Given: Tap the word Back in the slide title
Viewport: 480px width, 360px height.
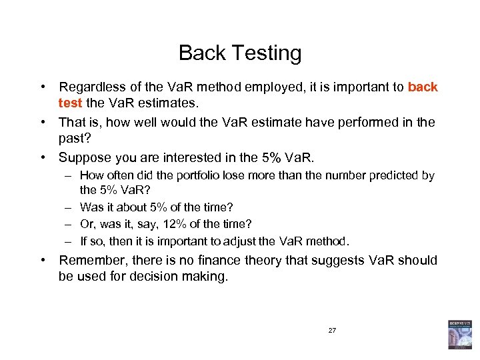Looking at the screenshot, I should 200,53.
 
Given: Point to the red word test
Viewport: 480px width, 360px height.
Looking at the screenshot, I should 70,103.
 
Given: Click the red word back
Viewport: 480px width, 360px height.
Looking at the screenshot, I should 423,87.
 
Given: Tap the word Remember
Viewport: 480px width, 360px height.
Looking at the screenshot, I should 92,260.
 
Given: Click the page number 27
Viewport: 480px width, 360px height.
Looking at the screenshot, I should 332,330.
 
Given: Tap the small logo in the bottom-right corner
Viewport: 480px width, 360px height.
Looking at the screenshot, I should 459,334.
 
